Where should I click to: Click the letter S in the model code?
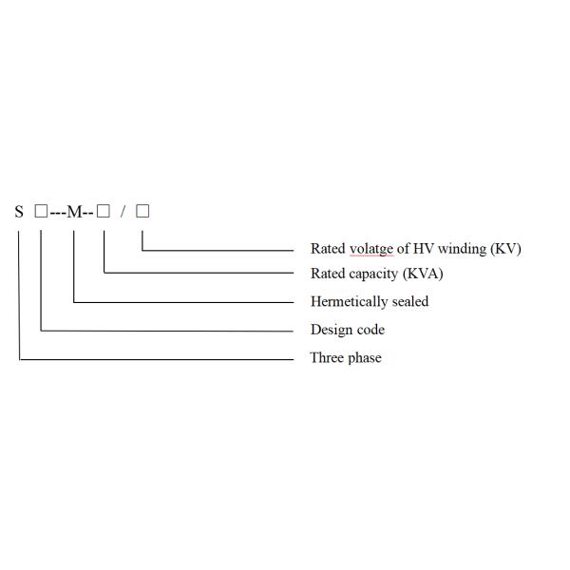click(x=19, y=212)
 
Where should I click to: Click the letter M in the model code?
click(x=75, y=212)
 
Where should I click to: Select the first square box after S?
click(x=41, y=211)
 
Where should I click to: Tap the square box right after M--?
click(x=104, y=211)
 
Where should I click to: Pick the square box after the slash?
click(x=142, y=211)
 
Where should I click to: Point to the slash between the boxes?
click(x=123, y=212)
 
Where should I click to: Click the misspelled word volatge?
click(x=371, y=249)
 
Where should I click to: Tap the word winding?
click(x=462, y=249)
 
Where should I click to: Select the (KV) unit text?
click(x=505, y=249)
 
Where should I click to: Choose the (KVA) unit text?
click(x=423, y=274)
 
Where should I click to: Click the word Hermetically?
click(x=350, y=302)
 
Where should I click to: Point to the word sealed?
click(x=410, y=301)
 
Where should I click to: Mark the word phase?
click(x=365, y=358)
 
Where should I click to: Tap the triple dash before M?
click(x=57, y=213)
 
